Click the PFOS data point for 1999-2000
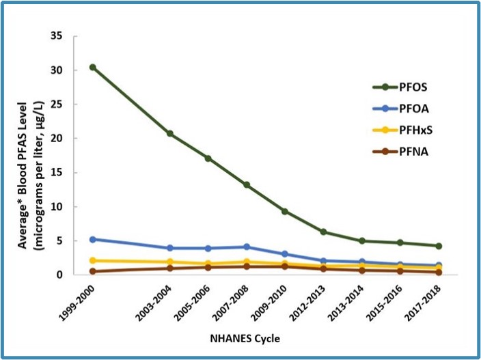[92, 67]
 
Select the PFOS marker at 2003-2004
[170, 134]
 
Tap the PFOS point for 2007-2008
[247, 185]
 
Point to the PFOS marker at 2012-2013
[323, 232]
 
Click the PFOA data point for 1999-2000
[92, 239]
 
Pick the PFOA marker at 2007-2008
[247, 247]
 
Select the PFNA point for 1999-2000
[92, 271]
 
